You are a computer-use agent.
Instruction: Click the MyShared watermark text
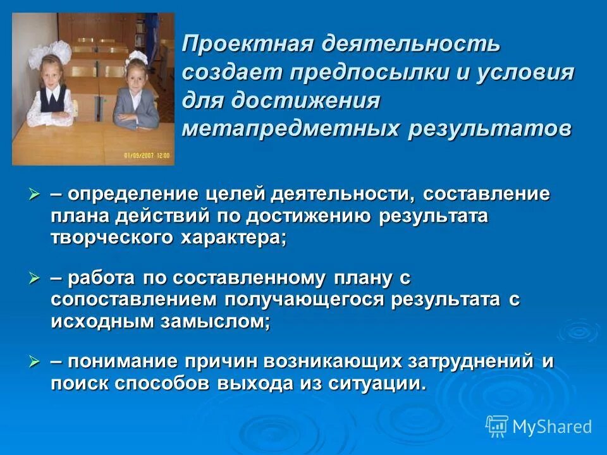click(x=552, y=427)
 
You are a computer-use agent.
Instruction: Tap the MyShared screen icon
click(x=497, y=426)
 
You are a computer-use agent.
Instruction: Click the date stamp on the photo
click(x=147, y=154)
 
